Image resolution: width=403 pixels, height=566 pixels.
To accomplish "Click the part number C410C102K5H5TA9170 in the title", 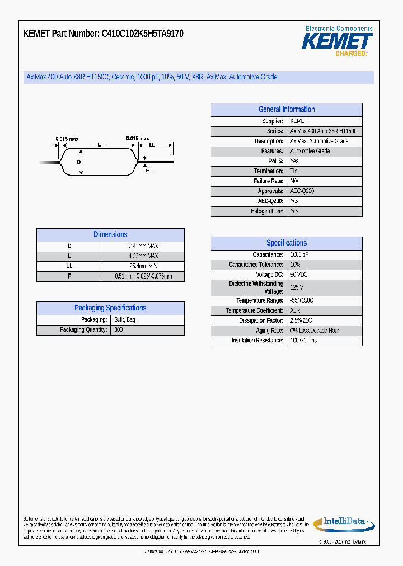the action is click(142, 34).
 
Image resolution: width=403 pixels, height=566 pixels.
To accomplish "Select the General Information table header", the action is click(286, 110).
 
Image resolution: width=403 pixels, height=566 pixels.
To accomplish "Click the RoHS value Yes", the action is click(294, 161).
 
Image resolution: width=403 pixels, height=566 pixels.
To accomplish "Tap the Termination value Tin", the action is click(294, 171).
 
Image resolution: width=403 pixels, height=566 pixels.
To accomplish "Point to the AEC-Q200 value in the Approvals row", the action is click(302, 191).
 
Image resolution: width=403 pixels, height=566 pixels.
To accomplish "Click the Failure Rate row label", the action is click(268, 181).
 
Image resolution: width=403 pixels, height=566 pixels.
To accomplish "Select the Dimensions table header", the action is click(110, 235).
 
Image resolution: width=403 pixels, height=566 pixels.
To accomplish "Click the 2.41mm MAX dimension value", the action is click(143, 246).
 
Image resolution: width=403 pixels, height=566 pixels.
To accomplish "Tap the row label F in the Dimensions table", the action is click(69, 276).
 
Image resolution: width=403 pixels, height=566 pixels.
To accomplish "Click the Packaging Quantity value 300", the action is click(118, 330).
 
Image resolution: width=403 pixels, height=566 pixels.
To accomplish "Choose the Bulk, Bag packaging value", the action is click(124, 320).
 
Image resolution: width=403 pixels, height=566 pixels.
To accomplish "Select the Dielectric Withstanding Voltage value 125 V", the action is click(297, 287).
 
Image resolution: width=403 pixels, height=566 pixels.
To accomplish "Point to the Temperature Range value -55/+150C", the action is click(302, 300).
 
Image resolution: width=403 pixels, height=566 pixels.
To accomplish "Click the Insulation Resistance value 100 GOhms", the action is click(303, 341).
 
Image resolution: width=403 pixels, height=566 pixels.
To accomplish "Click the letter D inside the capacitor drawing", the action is click(79, 162).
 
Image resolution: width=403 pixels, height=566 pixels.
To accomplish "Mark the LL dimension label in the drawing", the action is click(152, 144).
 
